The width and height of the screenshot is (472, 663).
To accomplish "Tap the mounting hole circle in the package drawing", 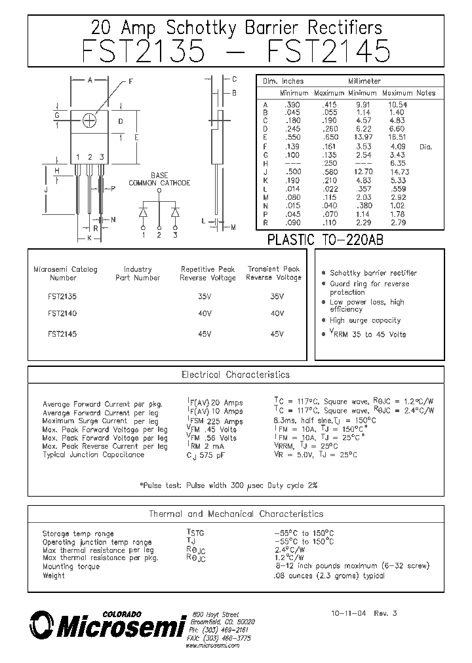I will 90,119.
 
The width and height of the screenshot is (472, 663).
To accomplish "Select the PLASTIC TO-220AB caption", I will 325,240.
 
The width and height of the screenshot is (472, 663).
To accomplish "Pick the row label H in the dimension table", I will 265,163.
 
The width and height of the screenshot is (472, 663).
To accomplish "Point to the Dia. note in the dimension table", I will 425,147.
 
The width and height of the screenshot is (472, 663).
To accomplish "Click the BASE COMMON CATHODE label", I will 159,180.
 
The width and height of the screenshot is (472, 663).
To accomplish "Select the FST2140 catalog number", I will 62,314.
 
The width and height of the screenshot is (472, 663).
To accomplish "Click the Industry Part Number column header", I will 138,273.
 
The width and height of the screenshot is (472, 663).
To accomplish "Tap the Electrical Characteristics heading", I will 235,375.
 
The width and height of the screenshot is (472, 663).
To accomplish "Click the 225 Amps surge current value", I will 226,421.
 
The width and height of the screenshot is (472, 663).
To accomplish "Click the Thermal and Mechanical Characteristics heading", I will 236,514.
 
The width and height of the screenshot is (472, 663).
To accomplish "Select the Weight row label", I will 54,576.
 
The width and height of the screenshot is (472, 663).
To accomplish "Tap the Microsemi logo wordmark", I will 118,627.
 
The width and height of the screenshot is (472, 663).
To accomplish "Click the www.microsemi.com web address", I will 212,645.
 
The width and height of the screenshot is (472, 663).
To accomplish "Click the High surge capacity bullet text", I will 365,320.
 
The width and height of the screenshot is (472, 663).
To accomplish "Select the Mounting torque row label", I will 71,567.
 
